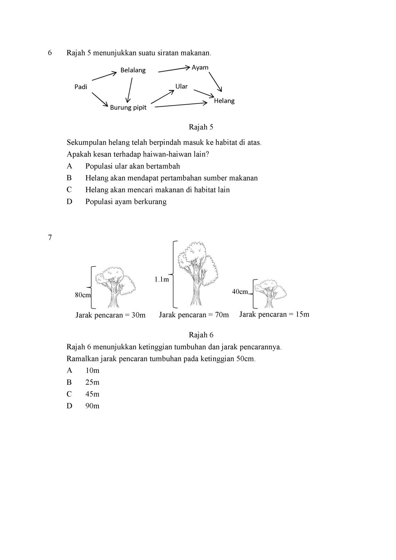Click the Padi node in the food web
(81, 87)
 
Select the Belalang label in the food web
(133, 70)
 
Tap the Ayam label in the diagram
(200, 67)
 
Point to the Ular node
(181, 86)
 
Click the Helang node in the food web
(224, 101)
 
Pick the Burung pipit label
(128, 108)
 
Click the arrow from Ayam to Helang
(215, 82)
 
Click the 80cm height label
(83, 295)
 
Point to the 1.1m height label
(162, 279)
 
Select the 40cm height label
(240, 292)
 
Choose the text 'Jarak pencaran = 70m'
(194, 315)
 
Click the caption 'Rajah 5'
(201, 127)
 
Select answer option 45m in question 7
(92, 394)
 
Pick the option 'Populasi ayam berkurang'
(126, 202)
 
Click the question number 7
(50, 238)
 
